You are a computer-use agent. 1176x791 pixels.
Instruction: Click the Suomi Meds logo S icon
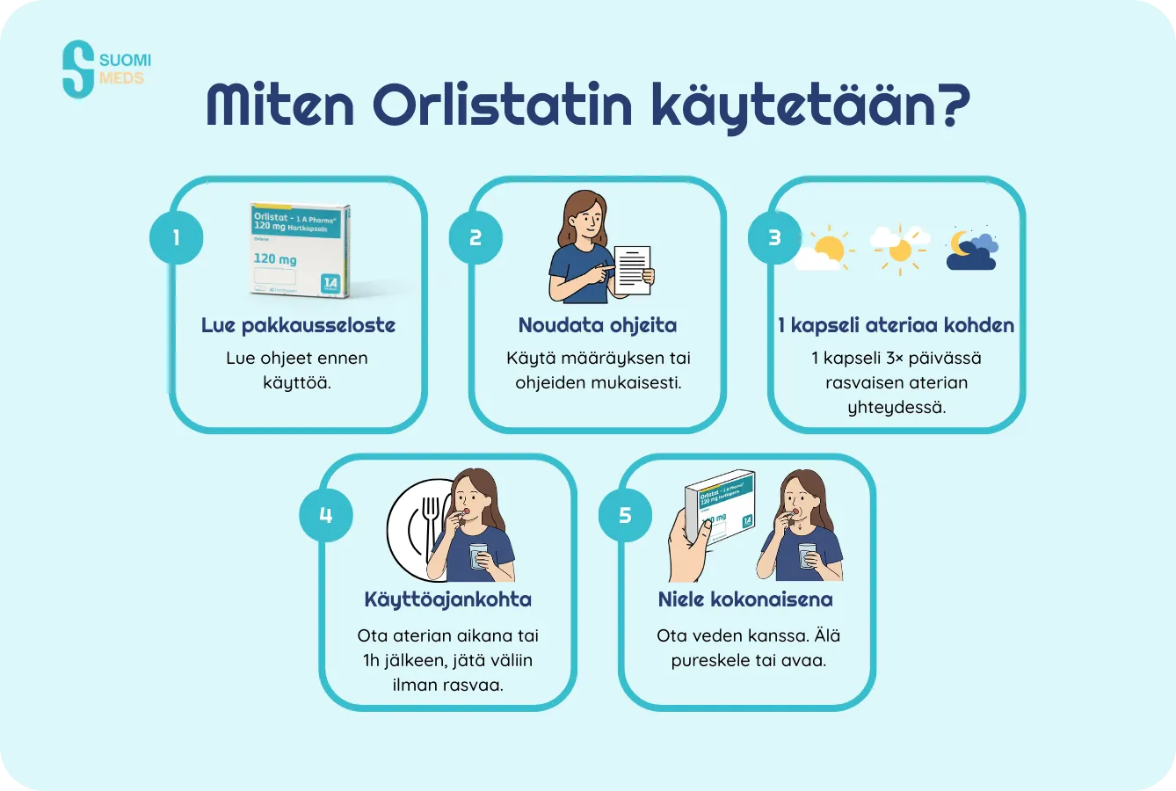(78, 69)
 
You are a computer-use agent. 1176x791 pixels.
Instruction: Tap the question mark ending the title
(950, 105)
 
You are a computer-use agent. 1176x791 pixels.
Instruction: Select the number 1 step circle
(176, 237)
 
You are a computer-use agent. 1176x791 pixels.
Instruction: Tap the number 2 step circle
(475, 237)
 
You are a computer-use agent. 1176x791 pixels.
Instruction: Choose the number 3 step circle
(774, 237)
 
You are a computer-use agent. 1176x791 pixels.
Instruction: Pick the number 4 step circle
(325, 515)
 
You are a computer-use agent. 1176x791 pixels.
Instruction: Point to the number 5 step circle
(625, 515)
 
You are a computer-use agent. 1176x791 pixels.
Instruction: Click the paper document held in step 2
(633, 270)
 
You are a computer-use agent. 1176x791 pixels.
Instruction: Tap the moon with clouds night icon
(971, 250)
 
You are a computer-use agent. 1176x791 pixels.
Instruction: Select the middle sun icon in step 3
(899, 248)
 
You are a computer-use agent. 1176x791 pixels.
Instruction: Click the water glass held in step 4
(478, 556)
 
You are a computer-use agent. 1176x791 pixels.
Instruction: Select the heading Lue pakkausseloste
(298, 325)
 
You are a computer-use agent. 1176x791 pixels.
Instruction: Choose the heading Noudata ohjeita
(598, 325)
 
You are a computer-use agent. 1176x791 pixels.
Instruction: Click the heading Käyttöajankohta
(447, 599)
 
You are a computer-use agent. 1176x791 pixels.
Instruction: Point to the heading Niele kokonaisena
(745, 599)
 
